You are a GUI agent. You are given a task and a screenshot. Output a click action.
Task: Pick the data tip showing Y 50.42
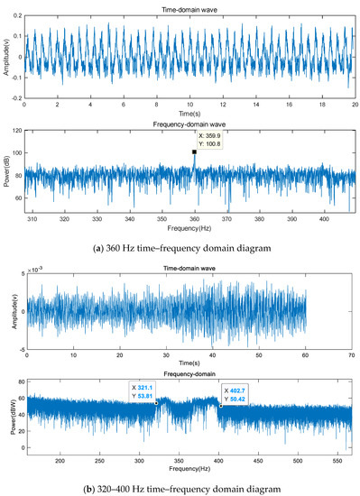[237, 390]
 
